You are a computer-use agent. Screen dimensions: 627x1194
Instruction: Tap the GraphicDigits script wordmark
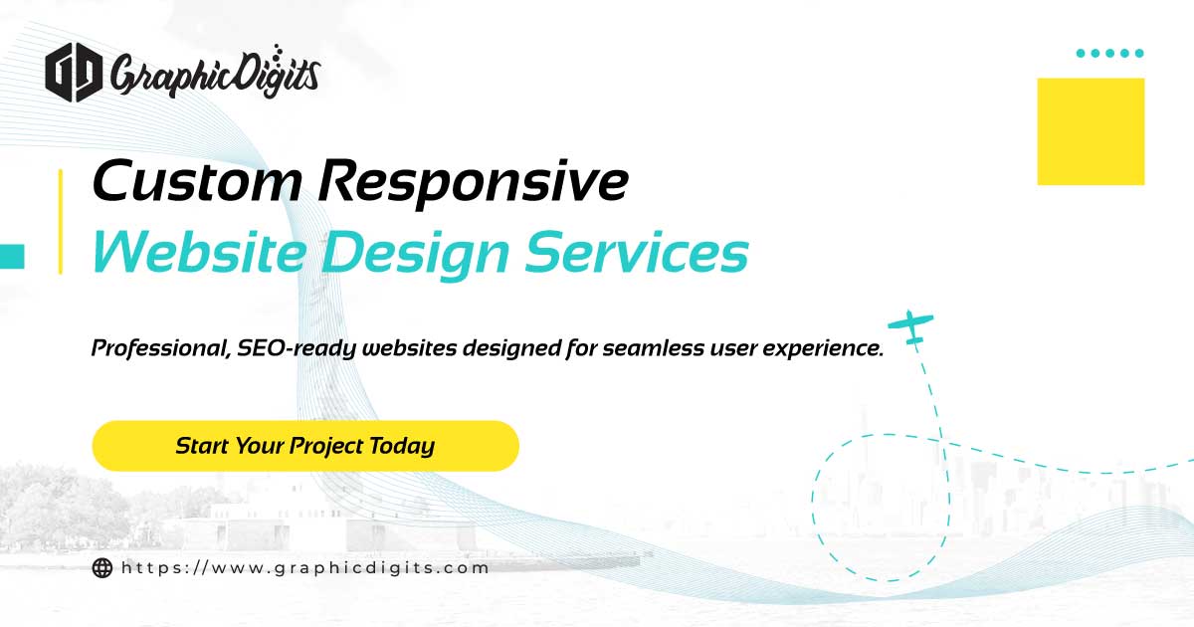click(215, 72)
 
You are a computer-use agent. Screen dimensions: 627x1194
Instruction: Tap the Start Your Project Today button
click(305, 445)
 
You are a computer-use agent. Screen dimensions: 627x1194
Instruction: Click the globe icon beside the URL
click(101, 568)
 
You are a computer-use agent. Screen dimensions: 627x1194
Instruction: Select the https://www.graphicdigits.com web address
click(305, 568)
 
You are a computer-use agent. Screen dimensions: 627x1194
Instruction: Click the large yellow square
click(1091, 131)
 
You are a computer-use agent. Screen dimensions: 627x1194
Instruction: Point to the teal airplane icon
click(911, 326)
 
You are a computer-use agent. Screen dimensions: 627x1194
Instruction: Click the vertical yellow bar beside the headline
click(60, 221)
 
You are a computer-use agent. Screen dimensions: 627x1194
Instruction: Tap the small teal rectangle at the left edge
click(12, 256)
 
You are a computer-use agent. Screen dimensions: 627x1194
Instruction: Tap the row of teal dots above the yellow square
click(1110, 53)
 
